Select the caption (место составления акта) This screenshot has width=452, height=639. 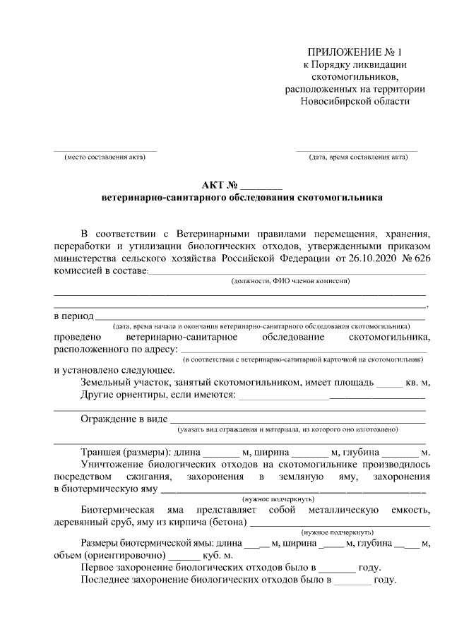coord(105,157)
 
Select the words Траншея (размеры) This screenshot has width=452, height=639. coord(125,452)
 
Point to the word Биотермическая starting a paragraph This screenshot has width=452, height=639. coord(118,510)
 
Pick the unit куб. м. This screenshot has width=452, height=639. coord(218,556)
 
